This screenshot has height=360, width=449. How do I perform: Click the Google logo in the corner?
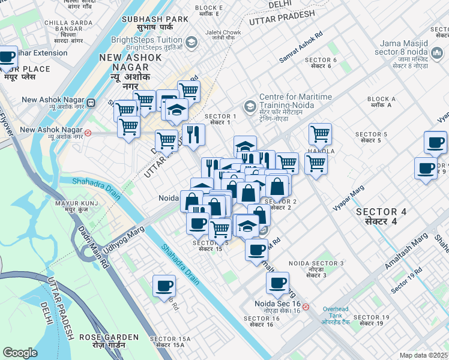pos(20,353)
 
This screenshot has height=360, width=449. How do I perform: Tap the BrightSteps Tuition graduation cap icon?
pos(191,42)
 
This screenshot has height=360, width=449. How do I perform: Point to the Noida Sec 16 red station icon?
pos(306,307)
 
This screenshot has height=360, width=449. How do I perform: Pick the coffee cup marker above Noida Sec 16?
pos(277,283)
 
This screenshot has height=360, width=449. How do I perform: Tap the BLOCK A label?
pos(381,101)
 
